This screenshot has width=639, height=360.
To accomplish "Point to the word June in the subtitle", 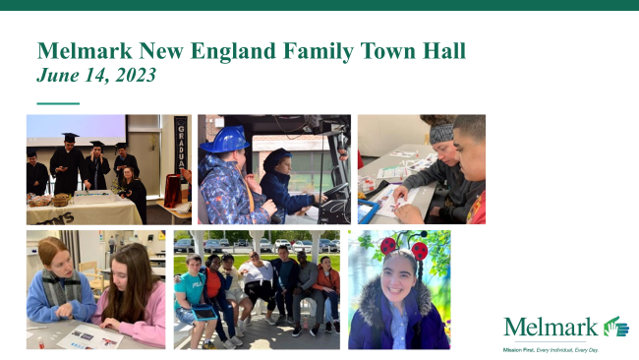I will click(55, 75).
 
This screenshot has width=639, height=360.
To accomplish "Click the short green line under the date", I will click(57, 102).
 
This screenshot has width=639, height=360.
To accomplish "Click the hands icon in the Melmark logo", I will click(615, 327).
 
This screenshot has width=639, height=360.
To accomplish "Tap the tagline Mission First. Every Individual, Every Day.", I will click(552, 349).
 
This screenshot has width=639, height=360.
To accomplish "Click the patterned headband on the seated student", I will click(439, 132).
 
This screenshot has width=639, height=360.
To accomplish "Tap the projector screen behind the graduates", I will click(76, 130).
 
